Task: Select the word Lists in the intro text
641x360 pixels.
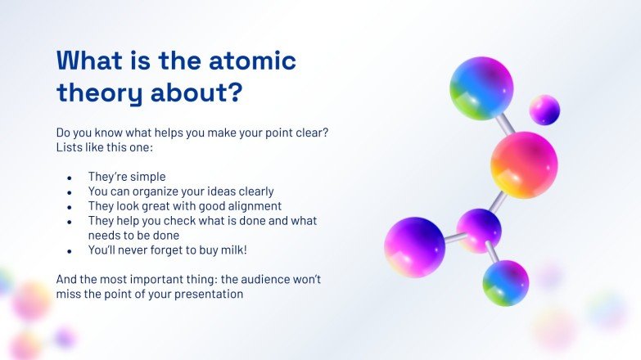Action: click(70, 147)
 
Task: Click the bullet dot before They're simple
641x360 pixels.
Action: click(70, 178)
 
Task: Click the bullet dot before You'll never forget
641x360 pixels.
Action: click(70, 251)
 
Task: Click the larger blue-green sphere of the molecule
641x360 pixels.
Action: click(481, 88)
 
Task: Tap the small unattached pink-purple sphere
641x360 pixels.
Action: click(544, 110)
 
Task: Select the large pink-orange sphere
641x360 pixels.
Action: click(524, 164)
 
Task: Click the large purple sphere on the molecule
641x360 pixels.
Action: click(414, 246)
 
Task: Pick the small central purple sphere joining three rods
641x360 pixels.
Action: click(479, 230)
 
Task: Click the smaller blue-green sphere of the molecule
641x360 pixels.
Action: click(505, 283)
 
